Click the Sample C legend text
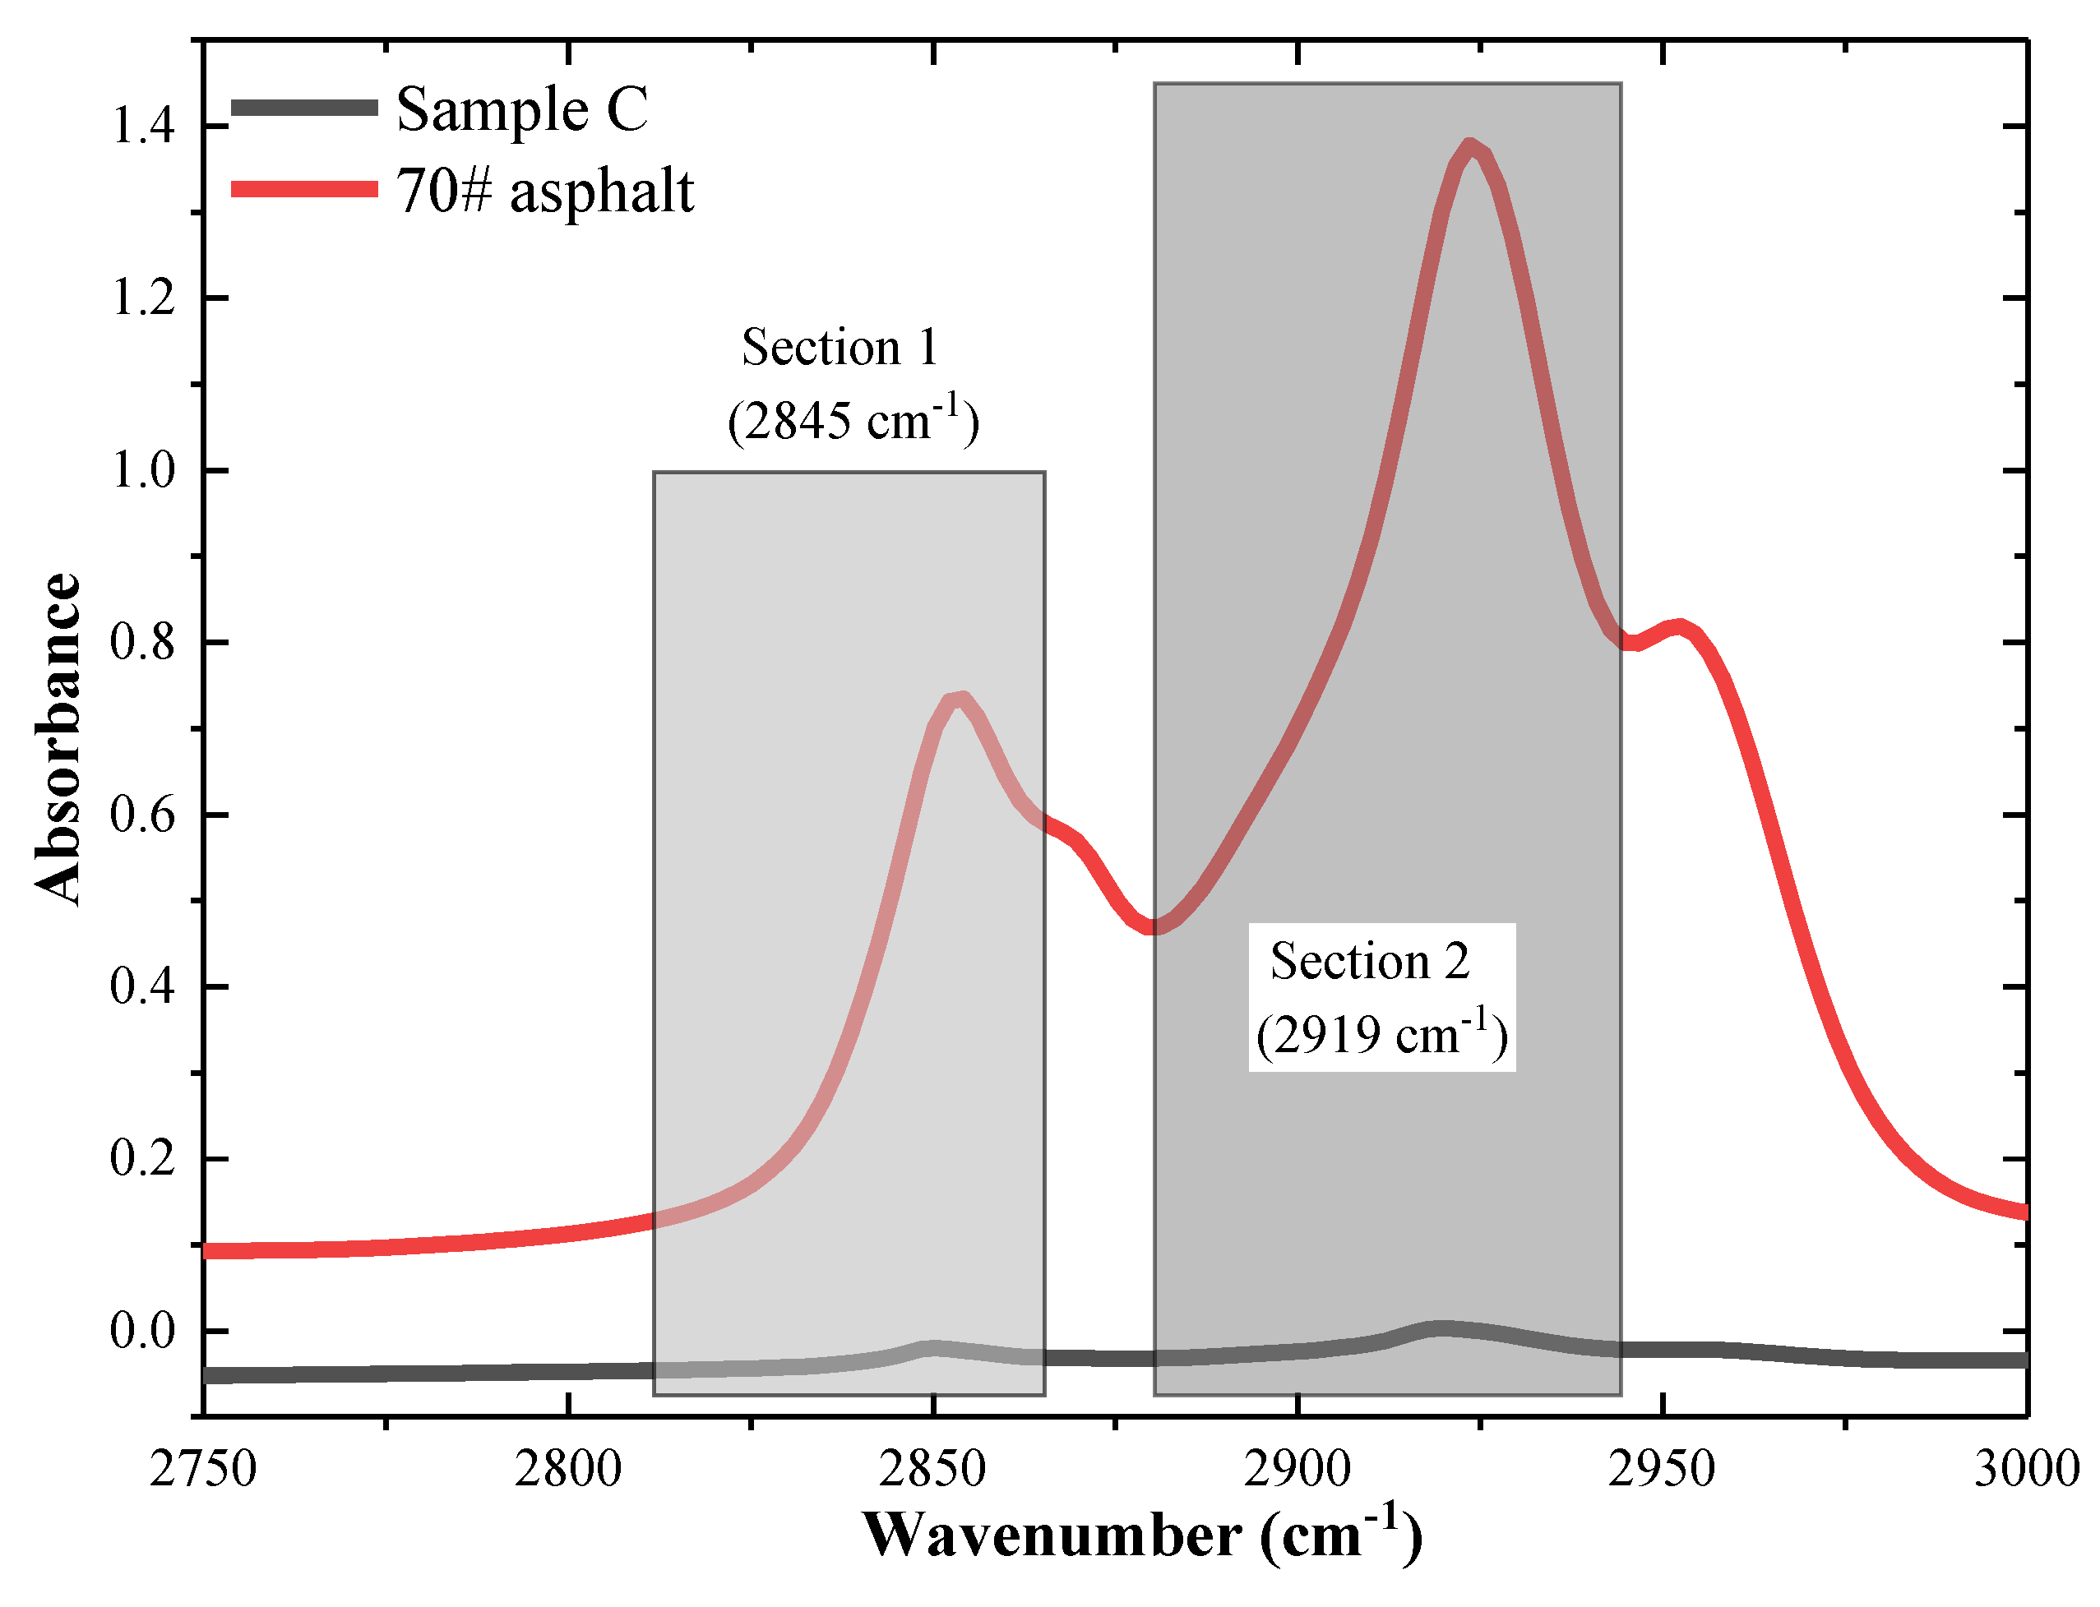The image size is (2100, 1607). (521, 109)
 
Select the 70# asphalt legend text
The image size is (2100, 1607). (544, 191)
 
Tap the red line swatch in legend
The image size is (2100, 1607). (304, 188)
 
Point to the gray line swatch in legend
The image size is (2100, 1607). (304, 107)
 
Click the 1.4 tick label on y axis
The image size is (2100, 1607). (144, 125)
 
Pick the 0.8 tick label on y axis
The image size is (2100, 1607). (144, 642)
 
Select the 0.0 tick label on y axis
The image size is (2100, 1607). (144, 1331)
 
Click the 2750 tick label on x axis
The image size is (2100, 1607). (203, 1468)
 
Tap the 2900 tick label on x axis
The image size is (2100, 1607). (1297, 1468)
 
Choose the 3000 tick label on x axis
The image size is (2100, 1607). (2025, 1468)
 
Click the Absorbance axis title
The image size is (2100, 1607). (58, 738)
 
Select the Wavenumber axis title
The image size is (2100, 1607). (1142, 1536)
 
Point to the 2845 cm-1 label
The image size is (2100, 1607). (853, 421)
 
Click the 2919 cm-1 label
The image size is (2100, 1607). (1381, 1034)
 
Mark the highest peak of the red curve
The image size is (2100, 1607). (1470, 146)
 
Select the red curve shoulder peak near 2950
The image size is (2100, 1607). (1678, 627)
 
